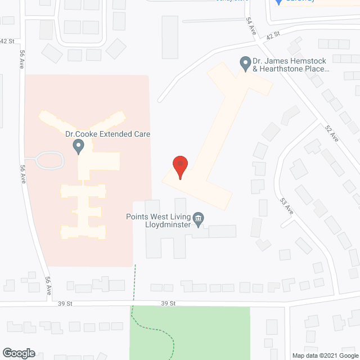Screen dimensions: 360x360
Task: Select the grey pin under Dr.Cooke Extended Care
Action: [79, 147]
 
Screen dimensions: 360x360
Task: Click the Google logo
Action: [18, 353]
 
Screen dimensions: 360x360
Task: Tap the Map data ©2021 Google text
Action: [325, 355]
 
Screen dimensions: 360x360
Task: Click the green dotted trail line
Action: [134, 287]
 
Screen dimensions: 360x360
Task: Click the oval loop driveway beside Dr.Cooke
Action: [49, 161]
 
